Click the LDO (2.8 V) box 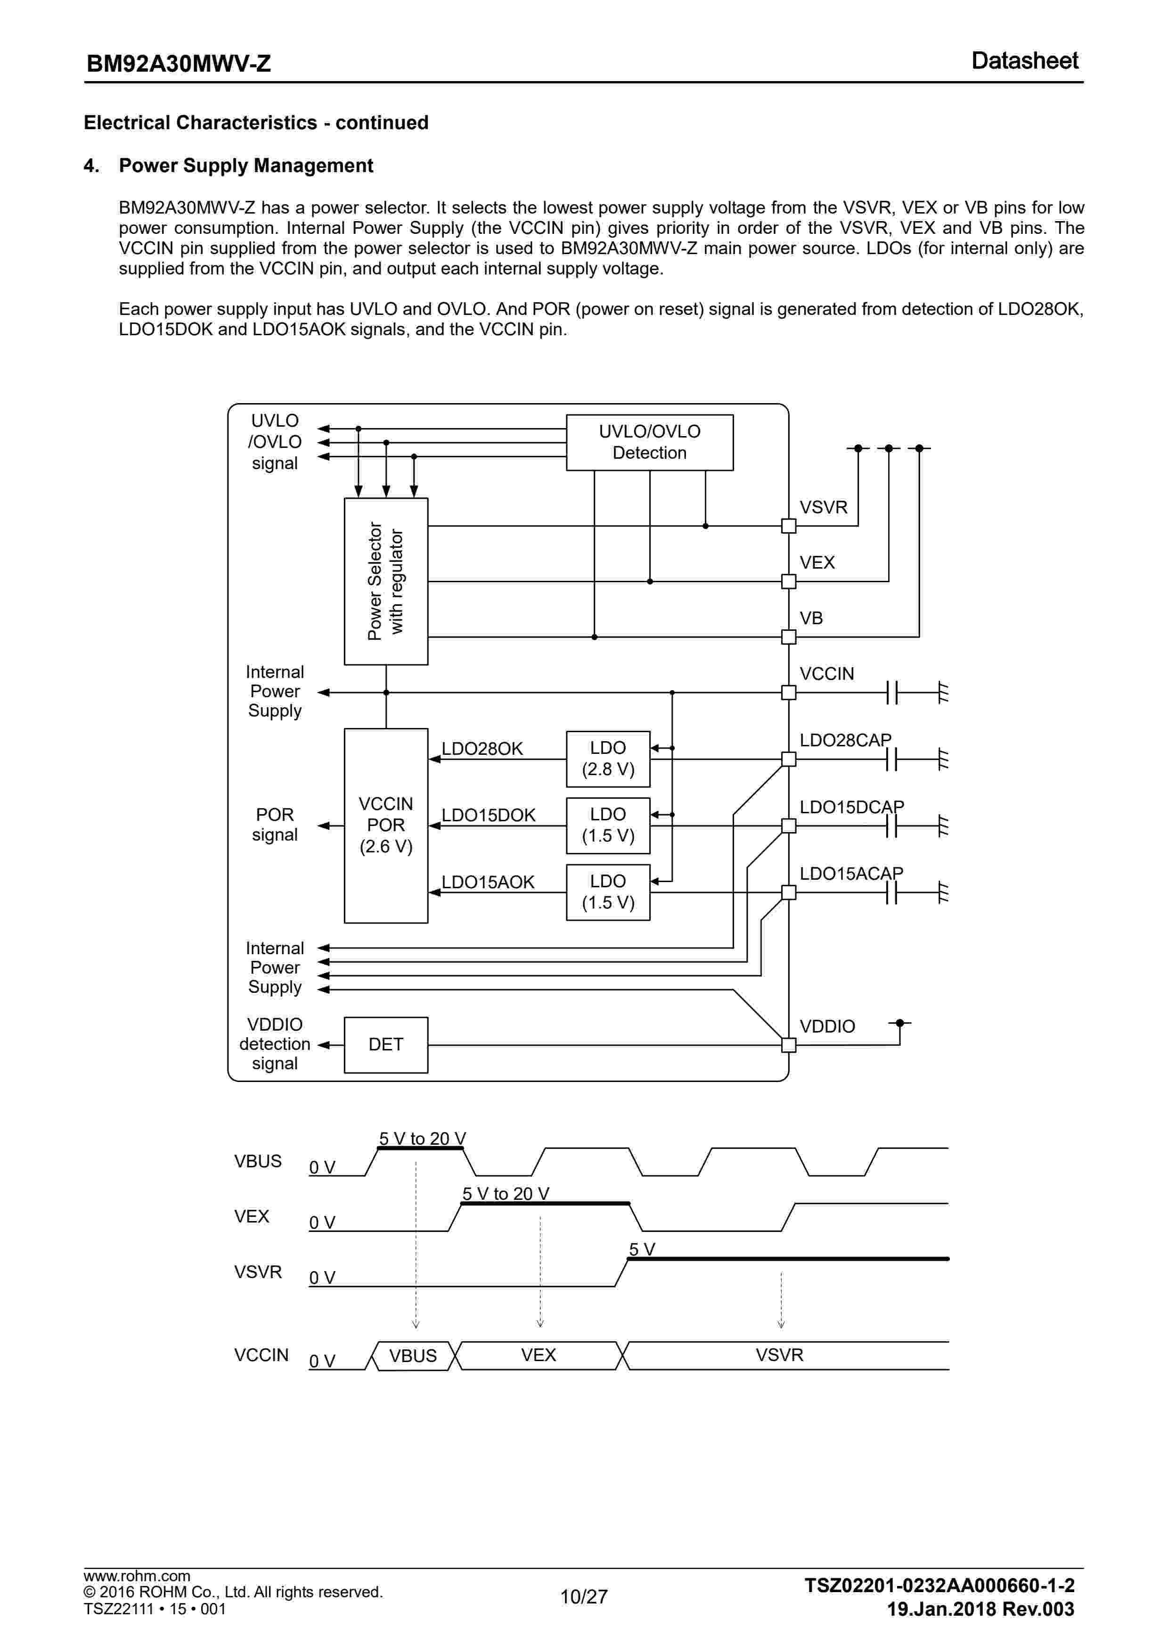608,759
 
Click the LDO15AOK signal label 488,882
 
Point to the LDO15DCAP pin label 851,807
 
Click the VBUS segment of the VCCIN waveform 413,1355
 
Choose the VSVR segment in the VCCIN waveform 779,1355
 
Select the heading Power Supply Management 245,165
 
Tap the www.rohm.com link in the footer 137,1576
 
